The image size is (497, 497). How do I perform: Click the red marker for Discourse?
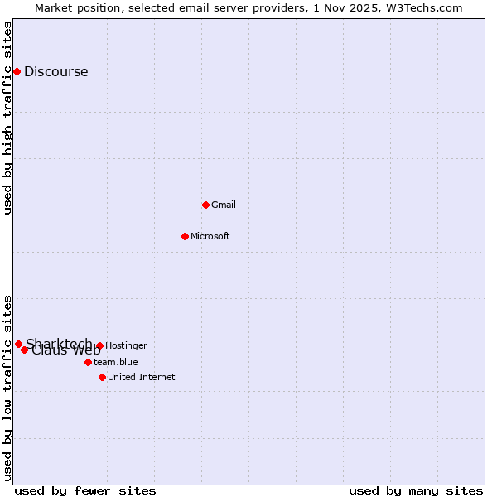pos(17,71)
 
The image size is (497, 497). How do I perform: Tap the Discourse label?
pos(55,72)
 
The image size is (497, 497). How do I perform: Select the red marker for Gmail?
pos(205,205)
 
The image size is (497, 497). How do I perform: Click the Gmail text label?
pos(224,205)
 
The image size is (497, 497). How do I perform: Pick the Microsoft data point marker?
pos(185,236)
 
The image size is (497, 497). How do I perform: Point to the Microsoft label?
pos(210,237)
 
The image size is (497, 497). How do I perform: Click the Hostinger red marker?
pos(99,345)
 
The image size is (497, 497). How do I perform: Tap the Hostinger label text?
pos(126,346)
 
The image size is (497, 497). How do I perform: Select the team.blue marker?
pos(88,362)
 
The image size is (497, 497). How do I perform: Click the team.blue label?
pos(116,362)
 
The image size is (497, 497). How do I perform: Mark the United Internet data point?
pos(102,377)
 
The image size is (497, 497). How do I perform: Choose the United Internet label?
pos(142,378)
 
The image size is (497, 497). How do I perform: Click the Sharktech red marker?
pos(18,344)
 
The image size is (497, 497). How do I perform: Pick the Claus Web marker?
pos(25,350)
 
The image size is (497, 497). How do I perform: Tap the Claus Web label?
pos(66,350)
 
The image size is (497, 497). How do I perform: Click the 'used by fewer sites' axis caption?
pos(85,490)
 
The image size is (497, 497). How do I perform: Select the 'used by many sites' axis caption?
pos(416,490)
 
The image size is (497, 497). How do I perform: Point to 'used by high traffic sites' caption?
pos(8,118)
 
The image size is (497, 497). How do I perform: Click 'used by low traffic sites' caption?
pos(8,388)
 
